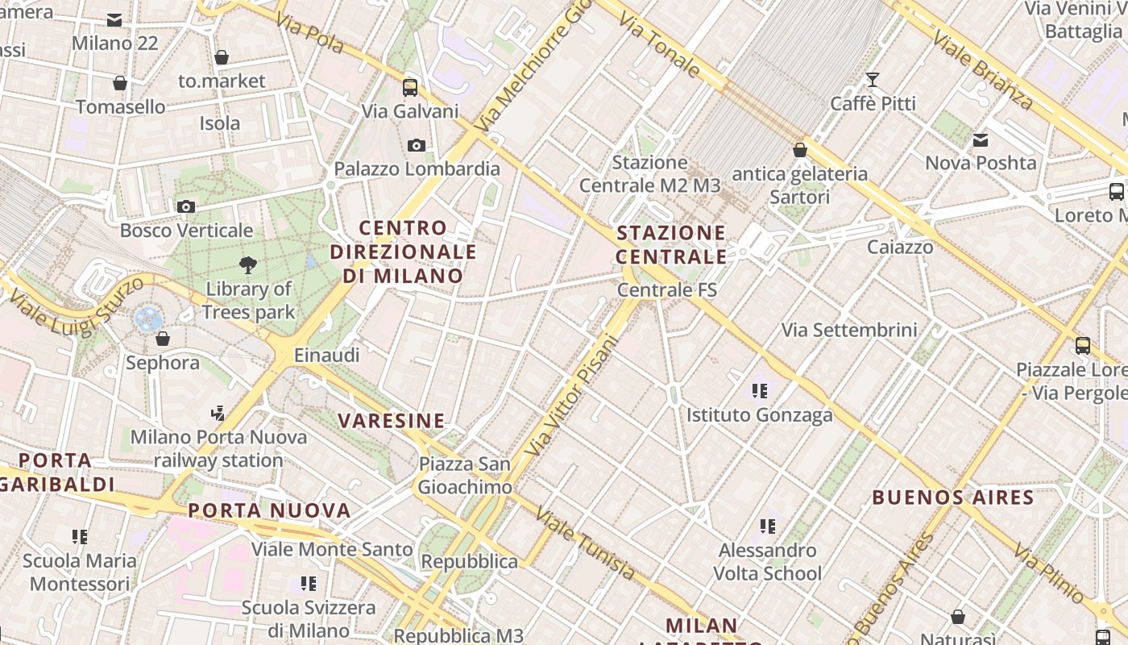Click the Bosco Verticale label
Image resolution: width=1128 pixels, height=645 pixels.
[x=186, y=231]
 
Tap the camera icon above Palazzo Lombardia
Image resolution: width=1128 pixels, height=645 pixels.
[x=417, y=146]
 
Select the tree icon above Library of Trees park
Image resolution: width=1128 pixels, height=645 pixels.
[x=248, y=264]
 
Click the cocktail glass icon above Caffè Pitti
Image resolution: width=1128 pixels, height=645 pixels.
[x=872, y=79]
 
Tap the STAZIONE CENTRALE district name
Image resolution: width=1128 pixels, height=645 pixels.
[x=671, y=245]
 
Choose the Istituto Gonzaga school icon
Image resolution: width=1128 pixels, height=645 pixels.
[x=759, y=391]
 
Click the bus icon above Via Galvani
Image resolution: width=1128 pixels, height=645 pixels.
[x=410, y=87]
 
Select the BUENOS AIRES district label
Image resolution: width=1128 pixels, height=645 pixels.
[x=953, y=497]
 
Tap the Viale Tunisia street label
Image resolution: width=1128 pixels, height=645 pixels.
[x=586, y=544]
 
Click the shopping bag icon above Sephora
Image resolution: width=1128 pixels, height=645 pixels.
[x=163, y=339]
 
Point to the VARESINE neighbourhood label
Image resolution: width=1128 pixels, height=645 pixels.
[x=392, y=420]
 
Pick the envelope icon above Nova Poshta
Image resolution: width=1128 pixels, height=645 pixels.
[x=981, y=139]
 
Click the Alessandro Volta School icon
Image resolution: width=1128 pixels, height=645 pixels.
[x=768, y=526]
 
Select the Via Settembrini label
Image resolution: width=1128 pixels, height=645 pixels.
[x=849, y=330]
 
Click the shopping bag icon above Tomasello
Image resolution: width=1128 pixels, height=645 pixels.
[x=120, y=83]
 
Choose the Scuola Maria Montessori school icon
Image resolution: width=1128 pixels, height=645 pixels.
[x=79, y=536]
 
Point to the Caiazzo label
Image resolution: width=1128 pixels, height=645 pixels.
[x=900, y=247]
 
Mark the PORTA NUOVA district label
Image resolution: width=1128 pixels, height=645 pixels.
[x=270, y=510]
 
